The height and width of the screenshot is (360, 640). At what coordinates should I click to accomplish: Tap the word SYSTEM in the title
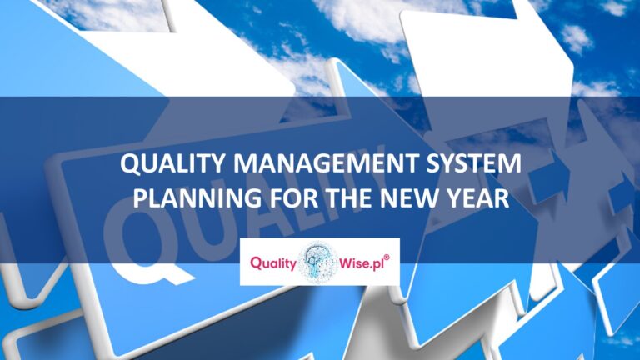pos(475,165)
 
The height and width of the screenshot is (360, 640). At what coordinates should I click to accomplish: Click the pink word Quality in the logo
pos(272,262)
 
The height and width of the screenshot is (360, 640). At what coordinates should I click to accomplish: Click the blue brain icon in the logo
pos(319,262)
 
